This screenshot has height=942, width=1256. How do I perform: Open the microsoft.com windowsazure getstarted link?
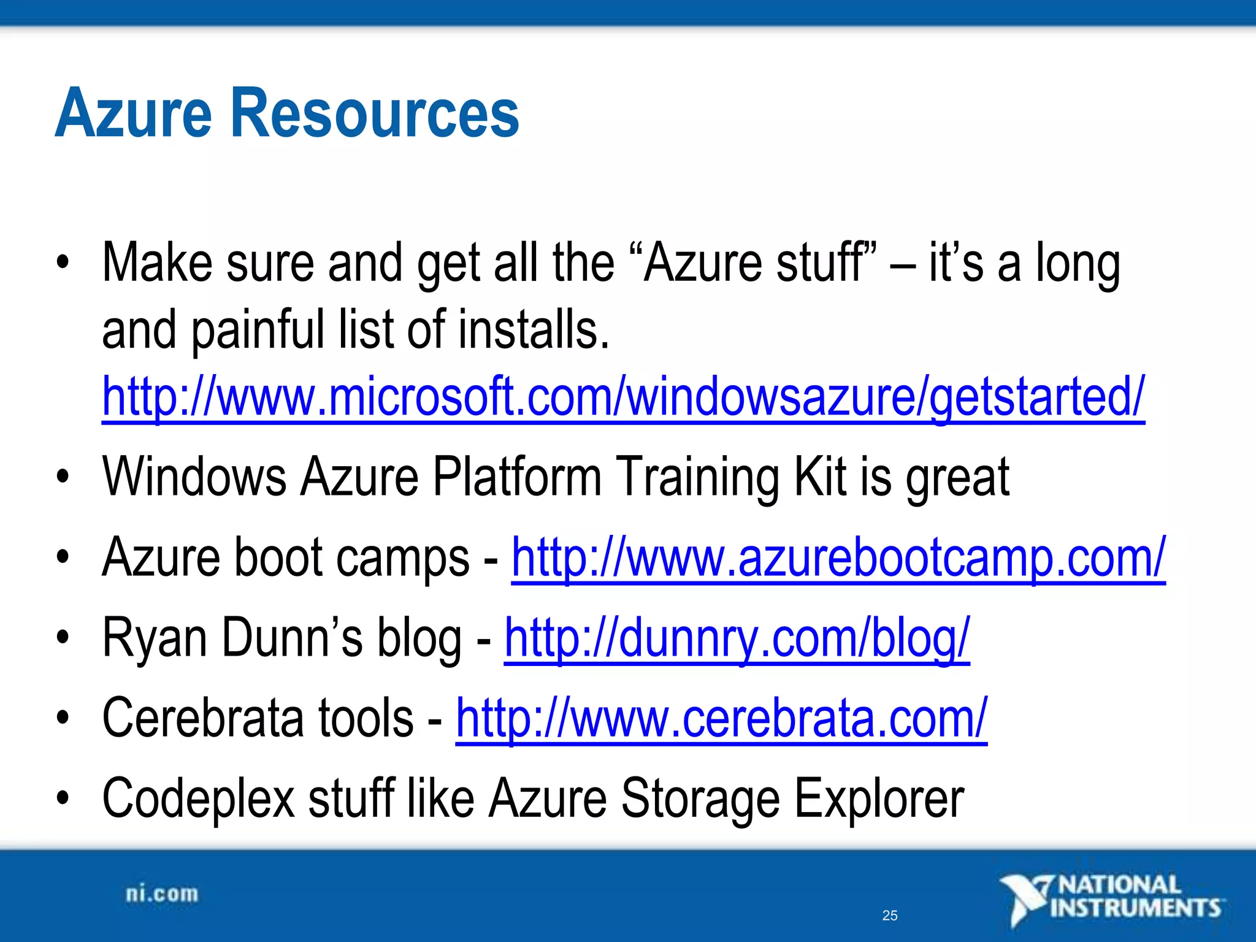click(x=623, y=397)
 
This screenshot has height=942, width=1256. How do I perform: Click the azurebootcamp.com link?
click(x=838, y=557)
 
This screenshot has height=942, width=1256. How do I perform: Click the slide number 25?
click(x=889, y=916)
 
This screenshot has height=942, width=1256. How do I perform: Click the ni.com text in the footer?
click(x=162, y=894)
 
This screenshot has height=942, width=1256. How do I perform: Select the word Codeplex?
click(x=199, y=799)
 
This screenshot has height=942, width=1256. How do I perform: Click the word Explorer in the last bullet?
click(x=879, y=799)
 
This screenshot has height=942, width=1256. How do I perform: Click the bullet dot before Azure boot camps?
click(x=62, y=559)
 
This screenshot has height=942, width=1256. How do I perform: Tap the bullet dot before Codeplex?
click(x=62, y=799)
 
